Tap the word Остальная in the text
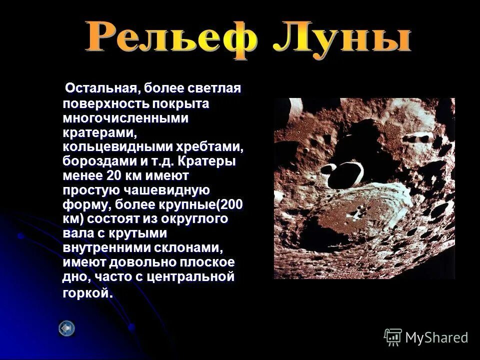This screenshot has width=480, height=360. tap(100, 88)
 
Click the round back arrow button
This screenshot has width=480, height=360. tap(66, 328)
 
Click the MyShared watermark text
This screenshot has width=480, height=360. tap(436, 337)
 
